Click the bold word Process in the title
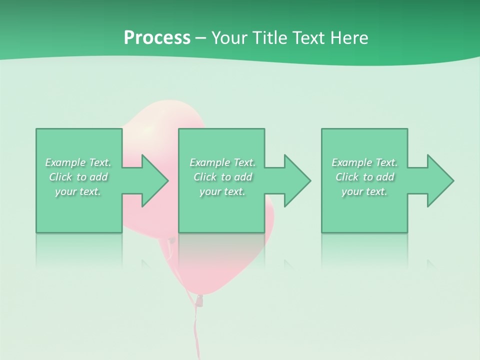157,38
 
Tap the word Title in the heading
267,38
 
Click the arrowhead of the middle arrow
297,180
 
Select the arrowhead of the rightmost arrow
440,180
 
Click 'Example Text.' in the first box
78,162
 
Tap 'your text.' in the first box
78,191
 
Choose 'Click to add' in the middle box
222,177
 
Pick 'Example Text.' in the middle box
222,162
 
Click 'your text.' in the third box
364,191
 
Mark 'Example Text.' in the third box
364,162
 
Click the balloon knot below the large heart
199,300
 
